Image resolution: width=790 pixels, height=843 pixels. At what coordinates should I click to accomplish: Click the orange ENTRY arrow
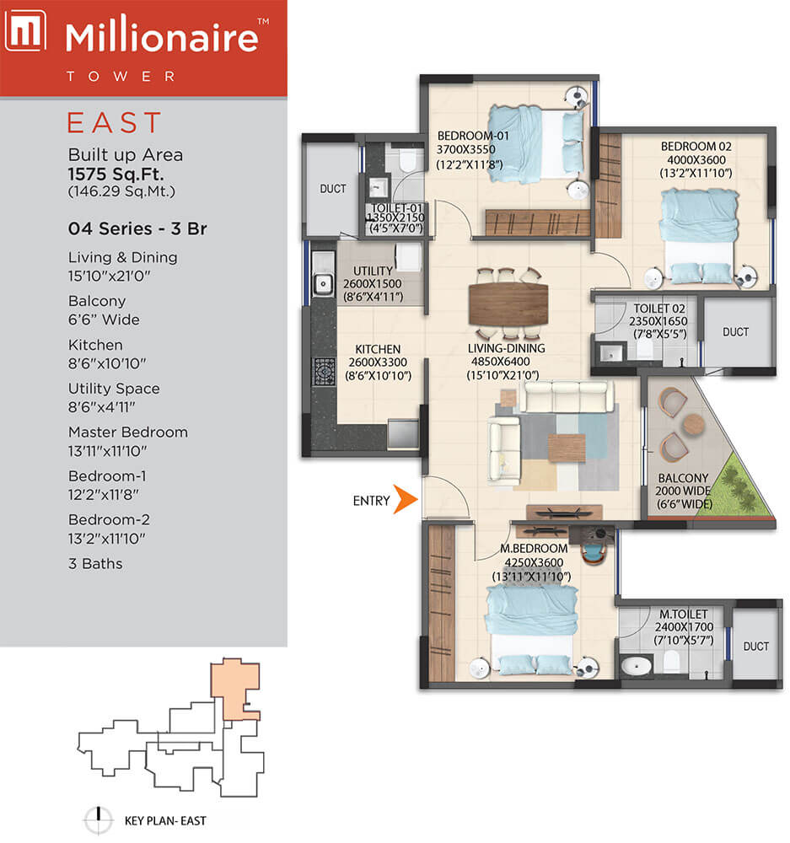(405, 499)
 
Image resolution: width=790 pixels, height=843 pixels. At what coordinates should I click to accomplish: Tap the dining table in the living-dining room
(508, 303)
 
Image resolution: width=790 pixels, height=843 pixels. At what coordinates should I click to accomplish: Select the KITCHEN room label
(378, 349)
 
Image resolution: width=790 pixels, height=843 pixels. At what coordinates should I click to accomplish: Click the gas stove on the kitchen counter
(325, 372)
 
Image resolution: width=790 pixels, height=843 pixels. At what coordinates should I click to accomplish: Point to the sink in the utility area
(323, 282)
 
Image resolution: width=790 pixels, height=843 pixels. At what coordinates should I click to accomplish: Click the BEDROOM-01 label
(473, 136)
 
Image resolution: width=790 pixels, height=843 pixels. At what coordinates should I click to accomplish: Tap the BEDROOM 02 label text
(696, 146)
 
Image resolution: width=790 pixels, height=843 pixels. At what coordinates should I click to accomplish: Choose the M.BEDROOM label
(534, 549)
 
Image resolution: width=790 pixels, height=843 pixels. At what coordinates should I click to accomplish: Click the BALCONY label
(683, 478)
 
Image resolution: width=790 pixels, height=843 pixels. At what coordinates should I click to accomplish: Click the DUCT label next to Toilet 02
(735, 332)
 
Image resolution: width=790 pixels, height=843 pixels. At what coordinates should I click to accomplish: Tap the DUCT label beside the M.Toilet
(755, 647)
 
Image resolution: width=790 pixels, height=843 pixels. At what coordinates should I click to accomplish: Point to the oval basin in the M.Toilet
(637, 666)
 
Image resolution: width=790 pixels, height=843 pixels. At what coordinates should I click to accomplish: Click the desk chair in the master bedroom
(594, 553)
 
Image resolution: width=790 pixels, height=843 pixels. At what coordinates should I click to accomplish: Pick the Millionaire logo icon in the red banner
(25, 32)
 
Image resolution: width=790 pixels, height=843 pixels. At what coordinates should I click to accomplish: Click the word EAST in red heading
(114, 122)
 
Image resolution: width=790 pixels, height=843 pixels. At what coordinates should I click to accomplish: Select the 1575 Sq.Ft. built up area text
(116, 175)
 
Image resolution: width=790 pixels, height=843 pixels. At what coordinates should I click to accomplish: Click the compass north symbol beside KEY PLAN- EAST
(99, 820)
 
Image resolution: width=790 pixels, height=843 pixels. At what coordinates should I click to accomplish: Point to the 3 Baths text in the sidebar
(95, 563)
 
